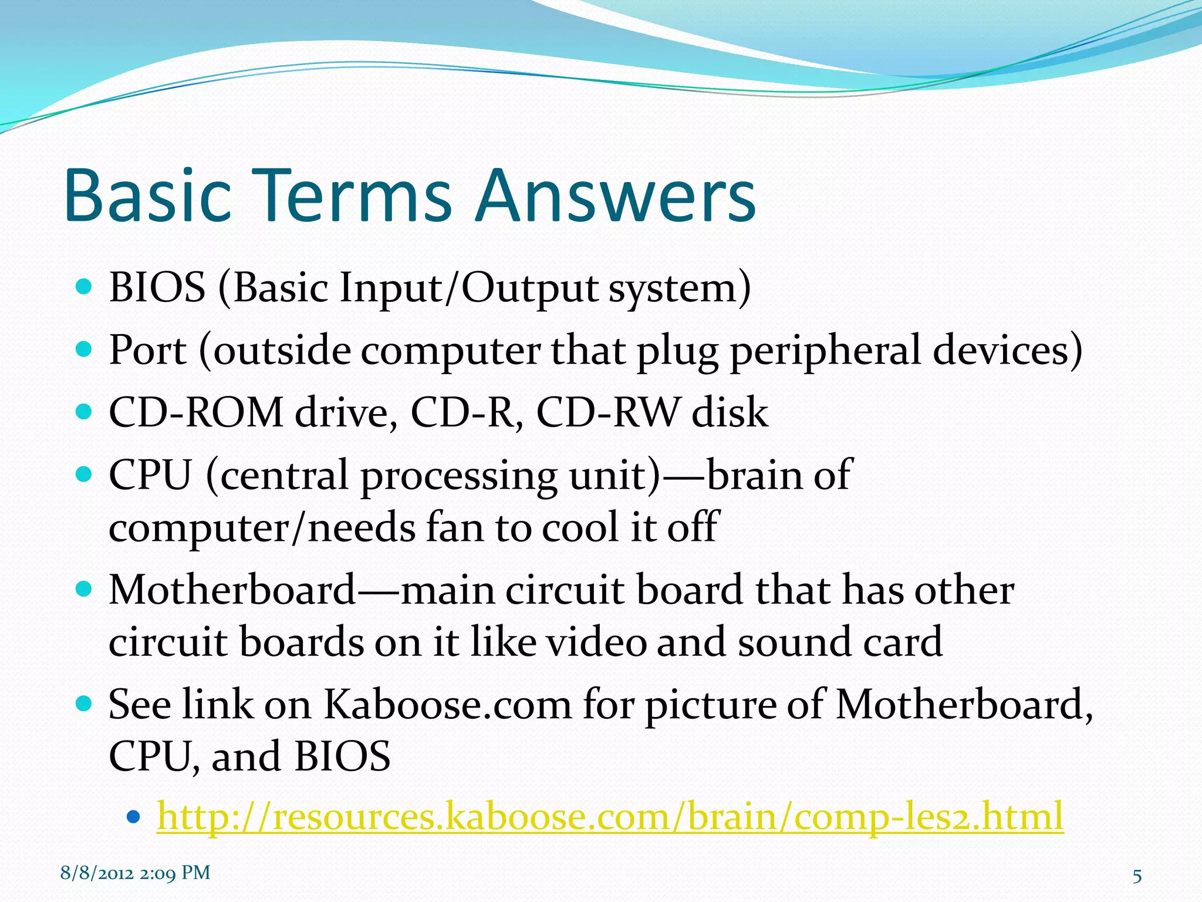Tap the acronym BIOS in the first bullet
point(157,288)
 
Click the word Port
point(148,350)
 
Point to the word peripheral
point(825,351)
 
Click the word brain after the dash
point(755,474)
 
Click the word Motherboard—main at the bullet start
point(300,590)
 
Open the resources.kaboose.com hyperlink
point(610,816)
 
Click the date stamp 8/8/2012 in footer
point(97,873)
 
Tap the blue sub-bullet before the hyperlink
point(134,816)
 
